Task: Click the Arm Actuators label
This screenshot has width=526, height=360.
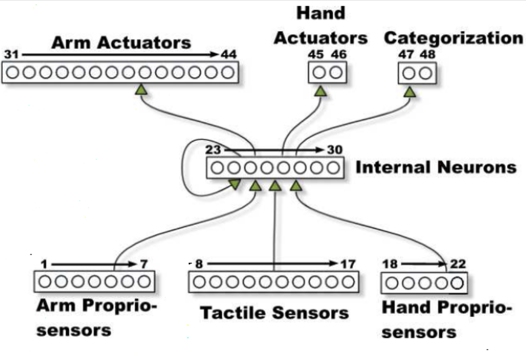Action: [121, 42]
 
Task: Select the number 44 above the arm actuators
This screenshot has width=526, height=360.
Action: [228, 54]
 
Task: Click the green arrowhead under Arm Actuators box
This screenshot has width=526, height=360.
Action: [140, 90]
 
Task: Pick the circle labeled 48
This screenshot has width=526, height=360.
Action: [426, 73]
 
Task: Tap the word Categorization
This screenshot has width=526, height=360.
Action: [453, 38]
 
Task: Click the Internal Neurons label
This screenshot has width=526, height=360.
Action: [436, 167]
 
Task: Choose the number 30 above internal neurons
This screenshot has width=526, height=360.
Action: [334, 150]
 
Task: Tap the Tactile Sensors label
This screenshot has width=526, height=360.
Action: [274, 313]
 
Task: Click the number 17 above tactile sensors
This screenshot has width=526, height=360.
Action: [348, 264]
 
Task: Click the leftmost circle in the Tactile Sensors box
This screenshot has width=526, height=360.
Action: [199, 282]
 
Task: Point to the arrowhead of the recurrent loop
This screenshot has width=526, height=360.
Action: [234, 184]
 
